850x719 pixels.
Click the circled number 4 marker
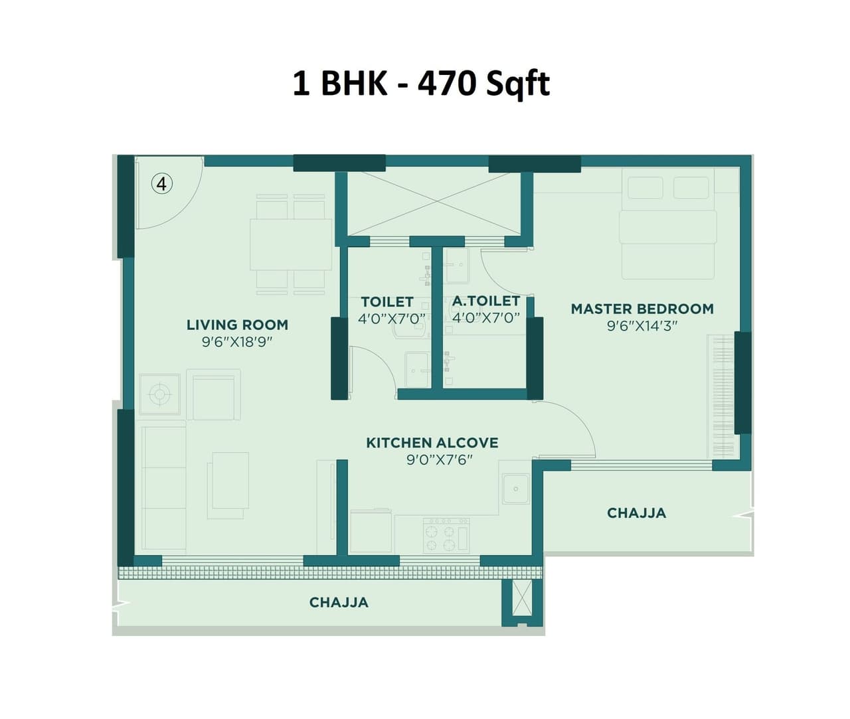(x=162, y=183)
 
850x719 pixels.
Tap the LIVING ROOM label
(x=237, y=325)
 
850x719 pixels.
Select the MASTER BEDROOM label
(x=642, y=309)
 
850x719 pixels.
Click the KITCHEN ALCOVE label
(x=432, y=443)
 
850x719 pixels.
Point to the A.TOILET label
(x=485, y=301)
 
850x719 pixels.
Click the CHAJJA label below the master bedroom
(x=636, y=513)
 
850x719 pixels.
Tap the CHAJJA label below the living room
(x=339, y=602)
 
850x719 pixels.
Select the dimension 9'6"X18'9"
(x=237, y=342)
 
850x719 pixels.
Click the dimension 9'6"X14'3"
(x=641, y=326)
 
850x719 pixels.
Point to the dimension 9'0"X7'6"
(x=439, y=459)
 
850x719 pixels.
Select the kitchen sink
(x=515, y=489)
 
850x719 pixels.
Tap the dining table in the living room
(x=290, y=244)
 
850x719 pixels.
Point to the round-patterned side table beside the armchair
(x=159, y=395)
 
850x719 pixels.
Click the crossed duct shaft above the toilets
(x=435, y=204)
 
